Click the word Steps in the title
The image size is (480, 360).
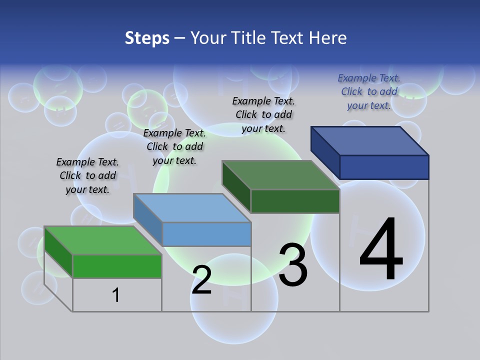[146, 38]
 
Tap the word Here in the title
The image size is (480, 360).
[328, 38]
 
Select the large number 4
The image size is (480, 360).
[381, 249]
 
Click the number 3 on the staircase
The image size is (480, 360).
[292, 264]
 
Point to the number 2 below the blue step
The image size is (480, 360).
[201, 280]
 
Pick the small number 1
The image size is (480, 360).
[115, 295]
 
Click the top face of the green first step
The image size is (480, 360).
[102, 240]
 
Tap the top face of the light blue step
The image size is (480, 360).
[192, 207]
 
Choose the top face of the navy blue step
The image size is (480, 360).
[370, 140]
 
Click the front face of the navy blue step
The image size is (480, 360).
[384, 167]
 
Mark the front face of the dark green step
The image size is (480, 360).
[295, 201]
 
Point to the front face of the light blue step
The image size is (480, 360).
[206, 234]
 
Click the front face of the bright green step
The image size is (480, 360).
[117, 266]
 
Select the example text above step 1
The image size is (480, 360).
[87, 176]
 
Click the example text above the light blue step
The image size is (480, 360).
[174, 147]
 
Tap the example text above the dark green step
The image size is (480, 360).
[263, 114]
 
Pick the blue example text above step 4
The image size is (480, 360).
[369, 91]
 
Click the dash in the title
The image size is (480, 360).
[179, 38]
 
